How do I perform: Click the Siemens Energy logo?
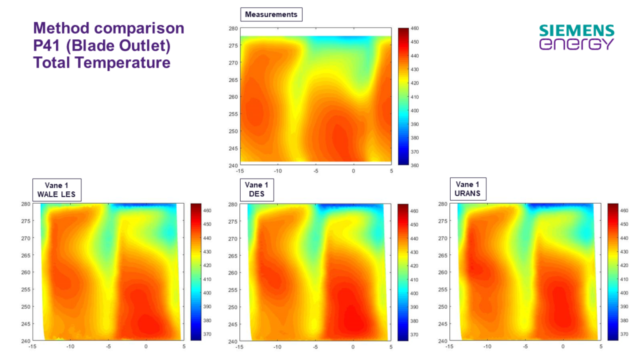tap(576, 37)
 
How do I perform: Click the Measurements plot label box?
tap(271, 14)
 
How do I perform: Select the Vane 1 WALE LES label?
tap(56, 189)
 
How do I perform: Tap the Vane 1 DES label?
tap(256, 189)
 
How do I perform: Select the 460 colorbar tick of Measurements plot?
tap(415, 28)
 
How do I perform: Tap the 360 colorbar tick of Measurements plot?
tap(415, 166)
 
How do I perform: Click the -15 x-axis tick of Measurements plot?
tap(241, 171)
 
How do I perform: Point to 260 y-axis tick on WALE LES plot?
tap(27, 272)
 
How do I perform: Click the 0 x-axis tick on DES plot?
tap(353, 347)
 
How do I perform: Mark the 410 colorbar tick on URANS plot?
tap(623, 293)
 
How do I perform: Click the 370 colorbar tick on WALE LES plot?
tap(206, 334)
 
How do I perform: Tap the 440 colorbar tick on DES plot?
tap(414, 238)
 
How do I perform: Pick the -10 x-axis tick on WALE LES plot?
tap(71, 347)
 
